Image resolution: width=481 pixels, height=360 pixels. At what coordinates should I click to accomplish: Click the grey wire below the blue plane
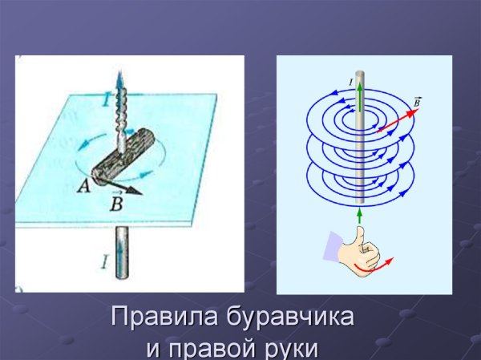[120, 253]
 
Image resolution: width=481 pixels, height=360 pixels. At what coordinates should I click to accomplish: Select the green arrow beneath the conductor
[360, 216]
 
